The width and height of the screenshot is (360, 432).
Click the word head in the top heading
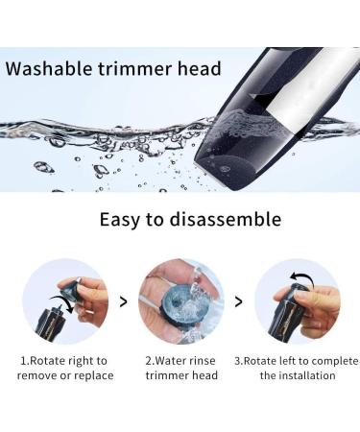(x=199, y=69)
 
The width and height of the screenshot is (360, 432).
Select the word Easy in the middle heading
(x=123, y=219)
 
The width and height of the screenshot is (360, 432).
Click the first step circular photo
(x=64, y=301)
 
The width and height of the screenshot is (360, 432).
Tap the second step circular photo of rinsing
(x=180, y=301)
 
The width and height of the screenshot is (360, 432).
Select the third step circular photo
(x=297, y=301)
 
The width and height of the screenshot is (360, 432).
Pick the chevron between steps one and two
(x=122, y=301)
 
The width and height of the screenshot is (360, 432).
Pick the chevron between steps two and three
(x=239, y=301)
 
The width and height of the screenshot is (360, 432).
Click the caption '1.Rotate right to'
(x=64, y=361)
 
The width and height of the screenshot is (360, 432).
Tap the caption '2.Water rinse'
(x=180, y=361)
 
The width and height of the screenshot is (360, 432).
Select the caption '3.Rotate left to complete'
(x=297, y=361)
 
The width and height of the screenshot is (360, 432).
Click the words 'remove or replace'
(x=64, y=375)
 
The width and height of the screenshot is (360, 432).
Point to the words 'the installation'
(x=297, y=375)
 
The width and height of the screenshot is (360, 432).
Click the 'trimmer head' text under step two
(x=180, y=375)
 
